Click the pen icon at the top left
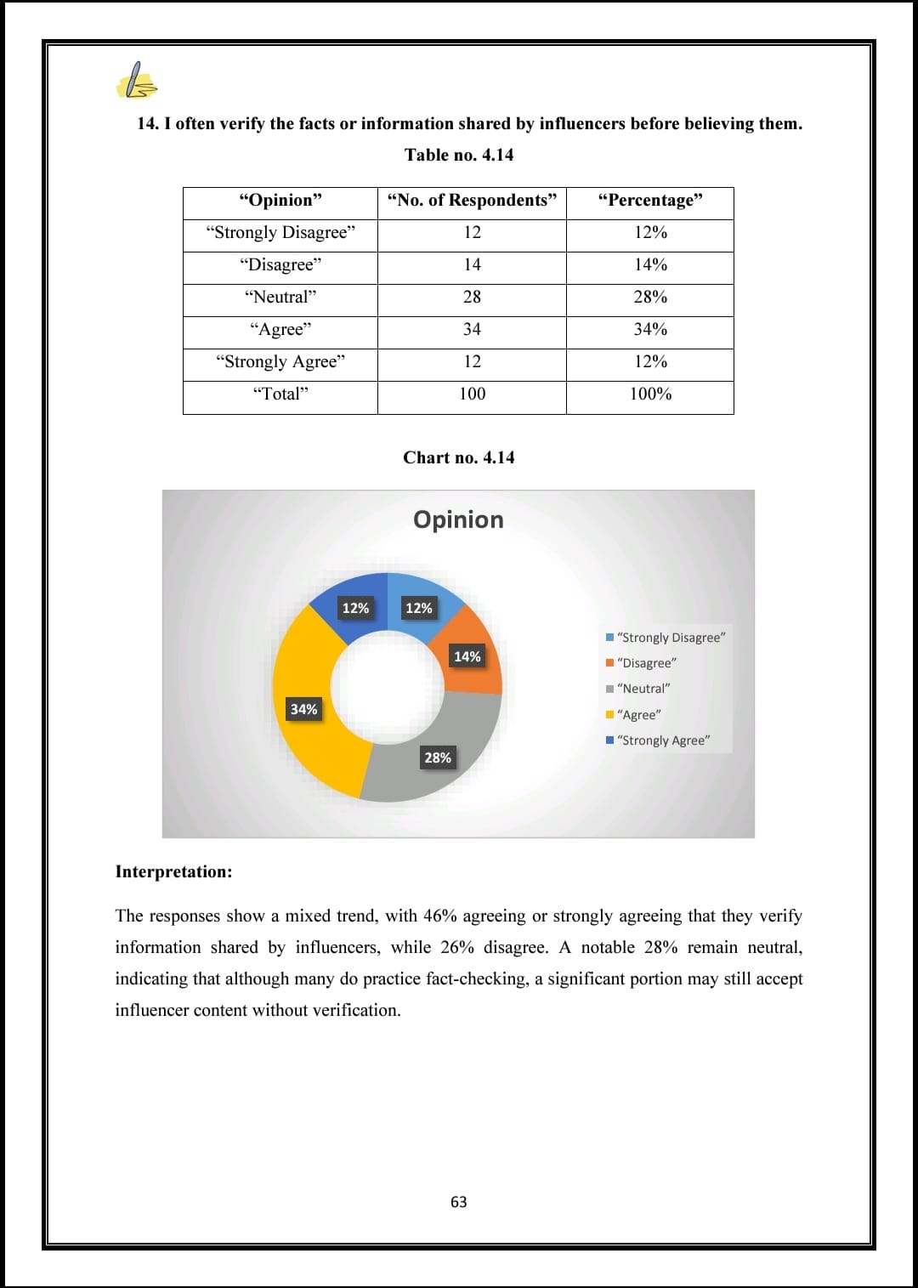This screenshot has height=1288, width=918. (136, 81)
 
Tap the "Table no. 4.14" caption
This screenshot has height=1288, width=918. (459, 155)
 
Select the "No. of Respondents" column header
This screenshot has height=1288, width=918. (472, 201)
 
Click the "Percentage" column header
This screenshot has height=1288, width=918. (650, 201)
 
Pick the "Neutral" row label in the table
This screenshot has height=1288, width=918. (280, 298)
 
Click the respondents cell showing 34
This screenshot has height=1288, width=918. (472, 330)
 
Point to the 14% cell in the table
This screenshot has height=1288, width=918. (650, 265)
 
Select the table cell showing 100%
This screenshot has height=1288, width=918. (650, 394)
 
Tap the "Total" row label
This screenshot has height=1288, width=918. (280, 394)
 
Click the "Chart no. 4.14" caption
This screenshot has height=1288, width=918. (459, 457)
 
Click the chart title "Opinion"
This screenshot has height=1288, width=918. (458, 519)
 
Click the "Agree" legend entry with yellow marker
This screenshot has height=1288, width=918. (637, 715)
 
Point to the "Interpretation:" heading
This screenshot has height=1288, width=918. (173, 872)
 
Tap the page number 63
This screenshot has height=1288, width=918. (459, 1202)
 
